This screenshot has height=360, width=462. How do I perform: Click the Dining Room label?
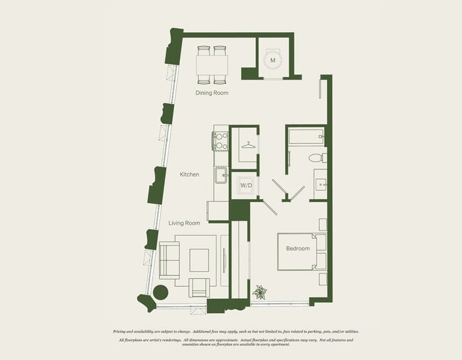tap(212, 92)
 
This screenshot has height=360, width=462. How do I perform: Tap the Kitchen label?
tap(189, 174)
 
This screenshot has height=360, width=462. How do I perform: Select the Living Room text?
tap(184, 223)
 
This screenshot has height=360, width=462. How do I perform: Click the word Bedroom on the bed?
tap(298, 248)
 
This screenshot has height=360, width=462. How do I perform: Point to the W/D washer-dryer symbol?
tap(246, 186)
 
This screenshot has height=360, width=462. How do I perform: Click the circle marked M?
tap(272, 61)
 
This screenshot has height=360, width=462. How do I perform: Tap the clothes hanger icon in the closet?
tap(247, 145)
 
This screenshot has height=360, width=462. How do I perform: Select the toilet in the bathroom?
tap(316, 158)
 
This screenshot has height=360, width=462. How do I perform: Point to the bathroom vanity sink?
tap(320, 184)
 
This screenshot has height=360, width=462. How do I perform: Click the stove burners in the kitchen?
tap(220, 139)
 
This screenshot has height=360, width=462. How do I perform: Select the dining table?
tap(212, 65)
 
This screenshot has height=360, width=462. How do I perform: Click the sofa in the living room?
tap(169, 260)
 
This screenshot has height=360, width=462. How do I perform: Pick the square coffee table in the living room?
tap(199, 260)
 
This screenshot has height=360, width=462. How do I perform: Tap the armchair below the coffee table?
tap(200, 288)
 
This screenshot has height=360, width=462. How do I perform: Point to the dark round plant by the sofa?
tap(161, 292)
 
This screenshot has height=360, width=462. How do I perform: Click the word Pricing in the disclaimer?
tap(123, 332)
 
